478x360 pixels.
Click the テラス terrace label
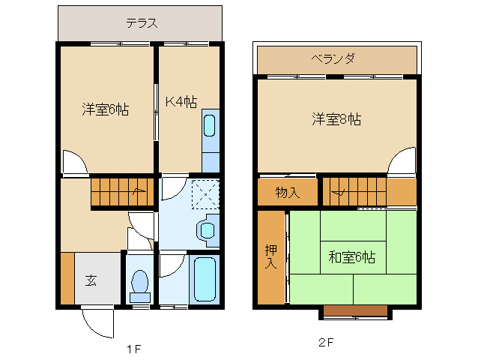pos(141,22)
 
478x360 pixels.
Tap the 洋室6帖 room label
pos(105,109)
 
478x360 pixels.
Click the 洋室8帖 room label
pos(336,118)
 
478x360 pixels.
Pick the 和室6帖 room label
pos(351,257)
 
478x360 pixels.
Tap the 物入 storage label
pos(287,193)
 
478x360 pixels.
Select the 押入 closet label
pos(270,256)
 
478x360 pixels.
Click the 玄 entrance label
pos(91,281)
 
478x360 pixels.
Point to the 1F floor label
pos(133,349)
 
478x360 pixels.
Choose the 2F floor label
pos(325,343)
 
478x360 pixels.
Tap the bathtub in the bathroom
pos(204,279)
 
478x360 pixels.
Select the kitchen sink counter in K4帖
pos(211,142)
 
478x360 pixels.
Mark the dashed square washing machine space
pos(204,193)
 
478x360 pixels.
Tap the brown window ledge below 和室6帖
pos(355,310)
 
